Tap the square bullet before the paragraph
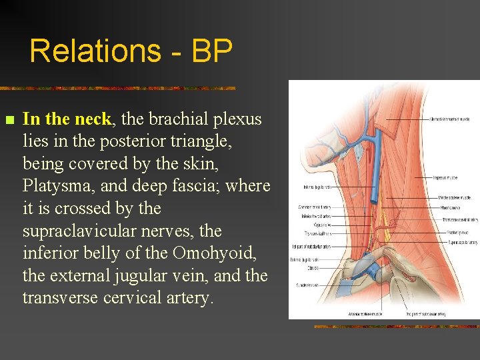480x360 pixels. click(x=9, y=121)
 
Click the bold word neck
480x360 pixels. click(x=94, y=119)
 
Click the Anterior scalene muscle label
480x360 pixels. click(x=341, y=313)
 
